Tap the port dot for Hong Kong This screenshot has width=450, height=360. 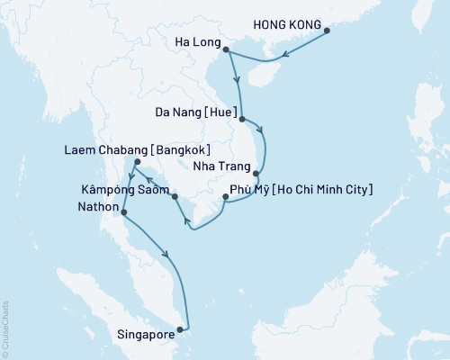[x=327, y=31]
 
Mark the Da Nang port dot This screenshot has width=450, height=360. [x=242, y=116]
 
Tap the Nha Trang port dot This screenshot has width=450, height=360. [x=256, y=173]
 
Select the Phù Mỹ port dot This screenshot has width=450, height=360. [x=225, y=195]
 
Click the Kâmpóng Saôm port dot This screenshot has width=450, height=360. [x=175, y=196]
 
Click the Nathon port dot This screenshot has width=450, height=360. [x=123, y=213]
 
